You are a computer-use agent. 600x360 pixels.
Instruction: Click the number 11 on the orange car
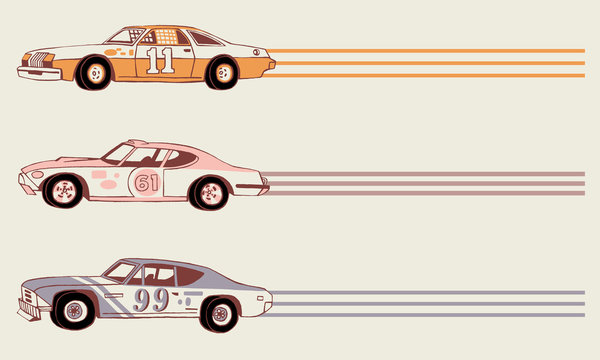tap(158, 60)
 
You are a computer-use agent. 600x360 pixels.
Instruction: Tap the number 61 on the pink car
tap(147, 183)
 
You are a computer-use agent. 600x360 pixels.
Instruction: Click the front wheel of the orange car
tap(95, 71)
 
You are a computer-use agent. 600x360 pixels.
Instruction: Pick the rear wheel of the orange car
tap(222, 72)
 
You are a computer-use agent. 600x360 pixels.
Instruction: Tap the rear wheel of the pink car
tap(211, 191)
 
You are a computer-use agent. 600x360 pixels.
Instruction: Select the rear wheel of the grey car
tap(219, 314)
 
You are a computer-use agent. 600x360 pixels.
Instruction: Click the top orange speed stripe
tap(430, 51)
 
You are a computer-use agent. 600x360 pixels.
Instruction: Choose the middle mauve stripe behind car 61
tap(430, 185)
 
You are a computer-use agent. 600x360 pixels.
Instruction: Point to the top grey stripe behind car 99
tap(430, 292)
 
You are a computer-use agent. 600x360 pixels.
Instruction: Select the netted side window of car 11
tap(163, 36)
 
